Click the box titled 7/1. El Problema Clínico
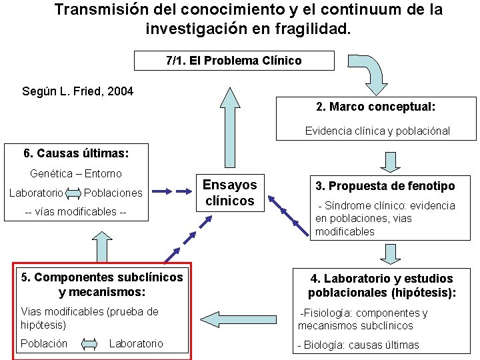(233, 61)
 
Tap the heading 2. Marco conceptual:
(376, 107)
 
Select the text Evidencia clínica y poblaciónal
(377, 131)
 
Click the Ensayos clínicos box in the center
(229, 193)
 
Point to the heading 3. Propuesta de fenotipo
(385, 186)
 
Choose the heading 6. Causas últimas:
(76, 153)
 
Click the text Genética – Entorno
(76, 173)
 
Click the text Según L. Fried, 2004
(78, 91)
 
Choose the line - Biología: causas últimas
(358, 345)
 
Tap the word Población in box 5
(44, 343)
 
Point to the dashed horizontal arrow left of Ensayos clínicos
(183, 191)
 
